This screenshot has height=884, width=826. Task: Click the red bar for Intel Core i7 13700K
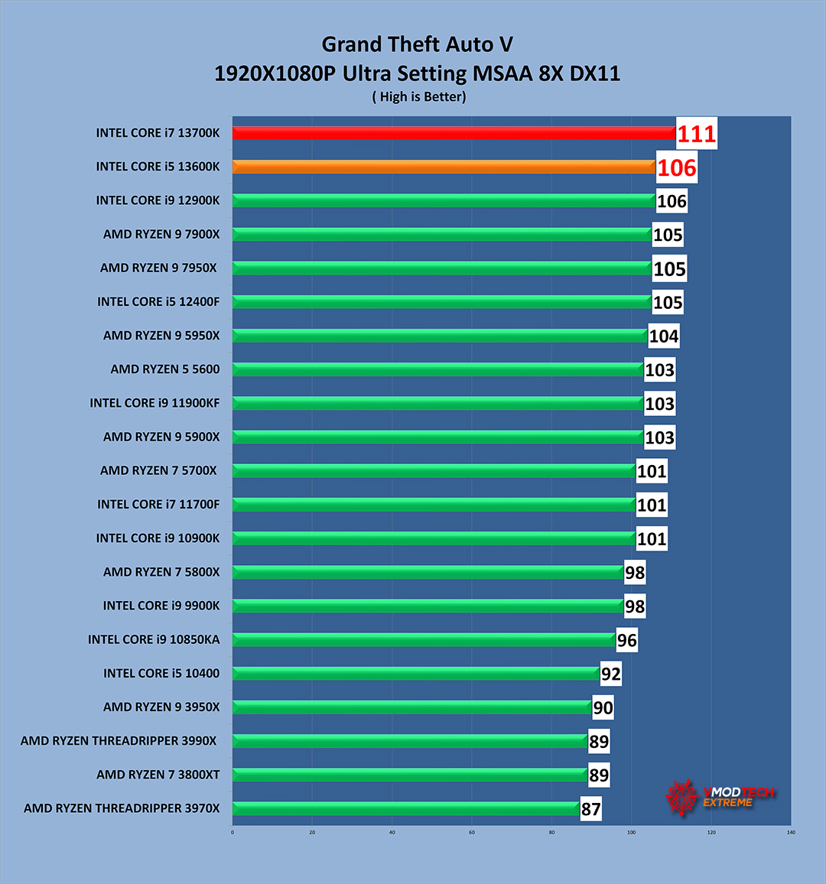454,133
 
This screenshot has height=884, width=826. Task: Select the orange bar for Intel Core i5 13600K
444,167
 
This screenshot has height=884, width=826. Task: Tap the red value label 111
697,134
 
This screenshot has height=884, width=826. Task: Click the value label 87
590,809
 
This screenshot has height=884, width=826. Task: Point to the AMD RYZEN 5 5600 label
164,369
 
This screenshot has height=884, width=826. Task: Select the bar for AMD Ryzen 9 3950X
411,707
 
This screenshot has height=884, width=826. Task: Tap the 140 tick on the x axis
790,833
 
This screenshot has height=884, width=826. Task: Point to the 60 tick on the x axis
472,833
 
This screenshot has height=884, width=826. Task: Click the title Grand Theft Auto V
417,44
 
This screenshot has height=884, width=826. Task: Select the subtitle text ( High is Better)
419,96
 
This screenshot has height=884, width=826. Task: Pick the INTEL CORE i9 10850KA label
153,639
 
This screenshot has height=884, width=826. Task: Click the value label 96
626,640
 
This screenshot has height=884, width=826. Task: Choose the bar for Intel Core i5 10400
415,674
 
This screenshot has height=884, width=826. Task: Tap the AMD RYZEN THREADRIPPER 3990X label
119,741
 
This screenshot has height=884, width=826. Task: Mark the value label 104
663,336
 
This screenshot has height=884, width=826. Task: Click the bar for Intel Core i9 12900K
444,201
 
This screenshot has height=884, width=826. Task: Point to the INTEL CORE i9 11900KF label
154,403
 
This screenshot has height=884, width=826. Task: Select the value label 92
610,674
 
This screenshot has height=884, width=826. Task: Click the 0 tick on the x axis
233,833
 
